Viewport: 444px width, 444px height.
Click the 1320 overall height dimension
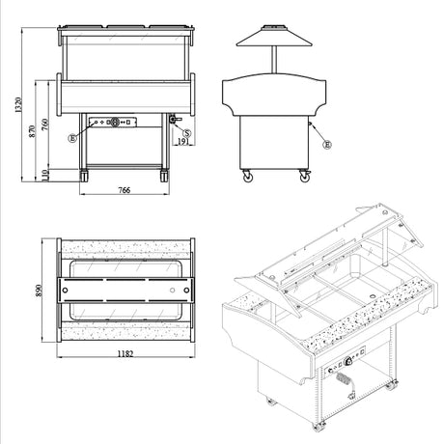tap(18, 105)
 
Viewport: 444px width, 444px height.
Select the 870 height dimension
tap(32, 131)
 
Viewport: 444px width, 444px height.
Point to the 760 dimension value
tap(45, 125)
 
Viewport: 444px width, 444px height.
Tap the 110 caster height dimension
tap(45, 176)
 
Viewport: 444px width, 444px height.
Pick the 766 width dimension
tap(125, 190)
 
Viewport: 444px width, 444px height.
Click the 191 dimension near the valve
tap(182, 142)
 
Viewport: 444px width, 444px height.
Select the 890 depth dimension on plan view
tap(39, 291)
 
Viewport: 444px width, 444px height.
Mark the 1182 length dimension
tap(125, 354)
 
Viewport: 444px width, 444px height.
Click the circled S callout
tap(187, 133)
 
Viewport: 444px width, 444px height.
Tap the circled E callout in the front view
tap(72, 138)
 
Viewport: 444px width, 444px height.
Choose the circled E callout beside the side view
tap(327, 145)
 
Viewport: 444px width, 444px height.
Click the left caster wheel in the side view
tap(248, 177)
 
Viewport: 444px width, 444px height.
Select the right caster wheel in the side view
tap(304, 177)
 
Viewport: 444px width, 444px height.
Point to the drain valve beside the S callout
tap(174, 120)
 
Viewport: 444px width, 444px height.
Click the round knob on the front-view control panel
tap(114, 122)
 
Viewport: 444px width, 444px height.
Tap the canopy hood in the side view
tap(274, 36)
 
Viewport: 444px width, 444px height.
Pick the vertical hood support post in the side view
tap(274, 60)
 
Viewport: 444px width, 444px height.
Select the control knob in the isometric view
tap(347, 362)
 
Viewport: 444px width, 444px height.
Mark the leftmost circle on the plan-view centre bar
tap(65, 291)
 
